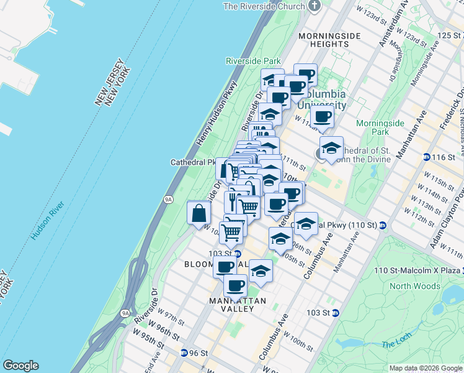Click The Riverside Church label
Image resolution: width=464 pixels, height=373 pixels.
[x=264, y=6]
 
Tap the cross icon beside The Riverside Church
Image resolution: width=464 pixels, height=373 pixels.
[x=315, y=6]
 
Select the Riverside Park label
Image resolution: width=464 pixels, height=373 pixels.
[x=253, y=62]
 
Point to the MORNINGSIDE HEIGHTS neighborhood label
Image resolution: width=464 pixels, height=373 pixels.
[x=329, y=40]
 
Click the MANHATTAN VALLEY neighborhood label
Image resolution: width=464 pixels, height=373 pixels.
[x=229, y=305]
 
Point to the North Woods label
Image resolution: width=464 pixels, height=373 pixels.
[x=415, y=287]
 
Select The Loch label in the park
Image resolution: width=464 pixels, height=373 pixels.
[x=393, y=344]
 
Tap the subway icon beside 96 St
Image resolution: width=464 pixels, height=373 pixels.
[x=184, y=353]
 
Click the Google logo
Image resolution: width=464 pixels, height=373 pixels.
[x=20, y=366]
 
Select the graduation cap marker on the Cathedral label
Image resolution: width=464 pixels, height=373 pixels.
[x=331, y=149]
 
